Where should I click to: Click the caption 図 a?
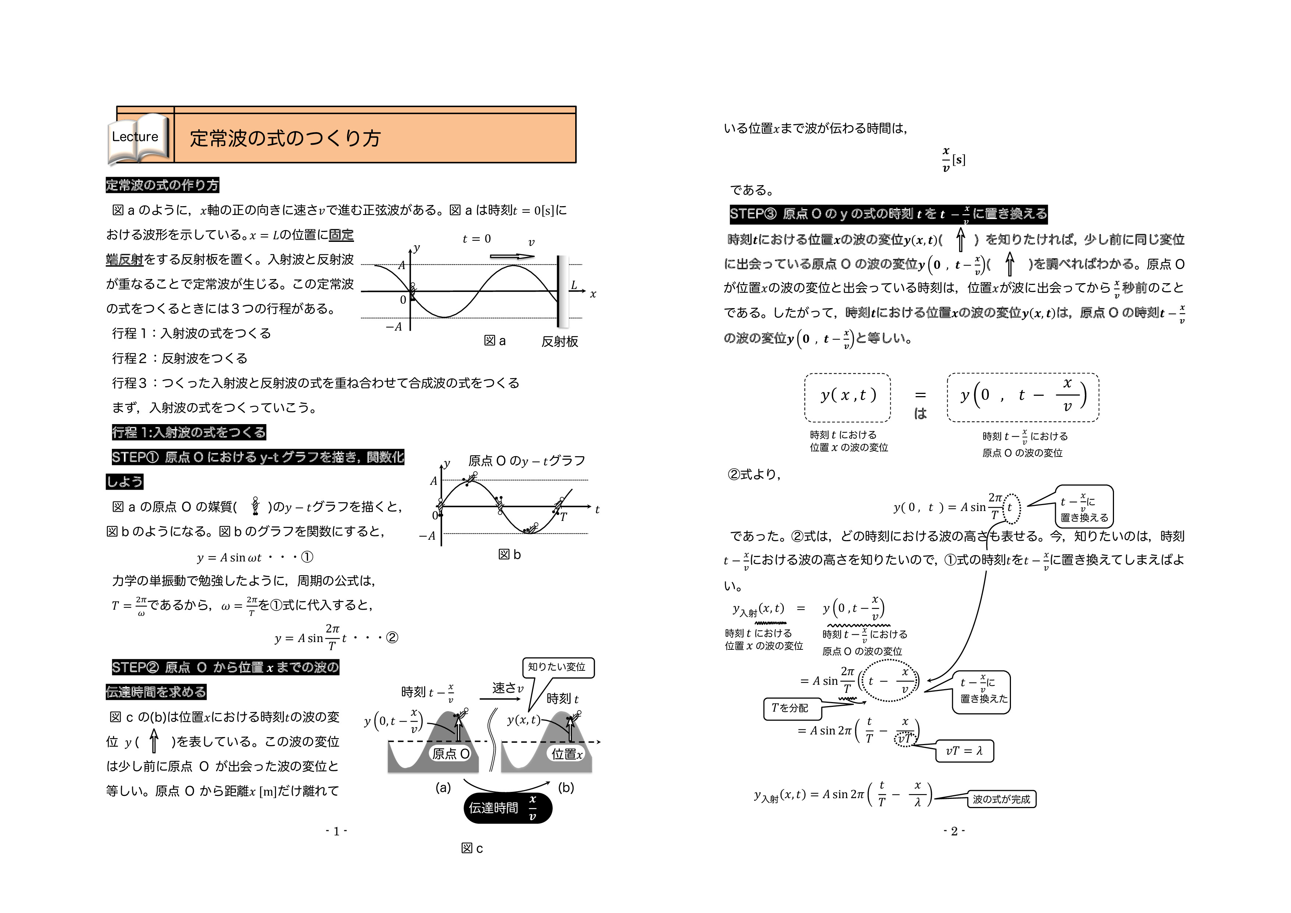(495, 341)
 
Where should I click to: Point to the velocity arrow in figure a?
(512, 257)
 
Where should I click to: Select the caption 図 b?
(509, 555)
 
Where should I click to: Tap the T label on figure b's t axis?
(563, 517)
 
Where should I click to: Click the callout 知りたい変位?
(557, 667)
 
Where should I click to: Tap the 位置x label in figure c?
(567, 754)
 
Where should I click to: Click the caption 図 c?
(472, 848)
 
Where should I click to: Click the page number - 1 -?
(336, 831)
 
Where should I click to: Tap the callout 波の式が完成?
(1001, 799)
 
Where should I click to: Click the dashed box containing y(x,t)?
(848, 397)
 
